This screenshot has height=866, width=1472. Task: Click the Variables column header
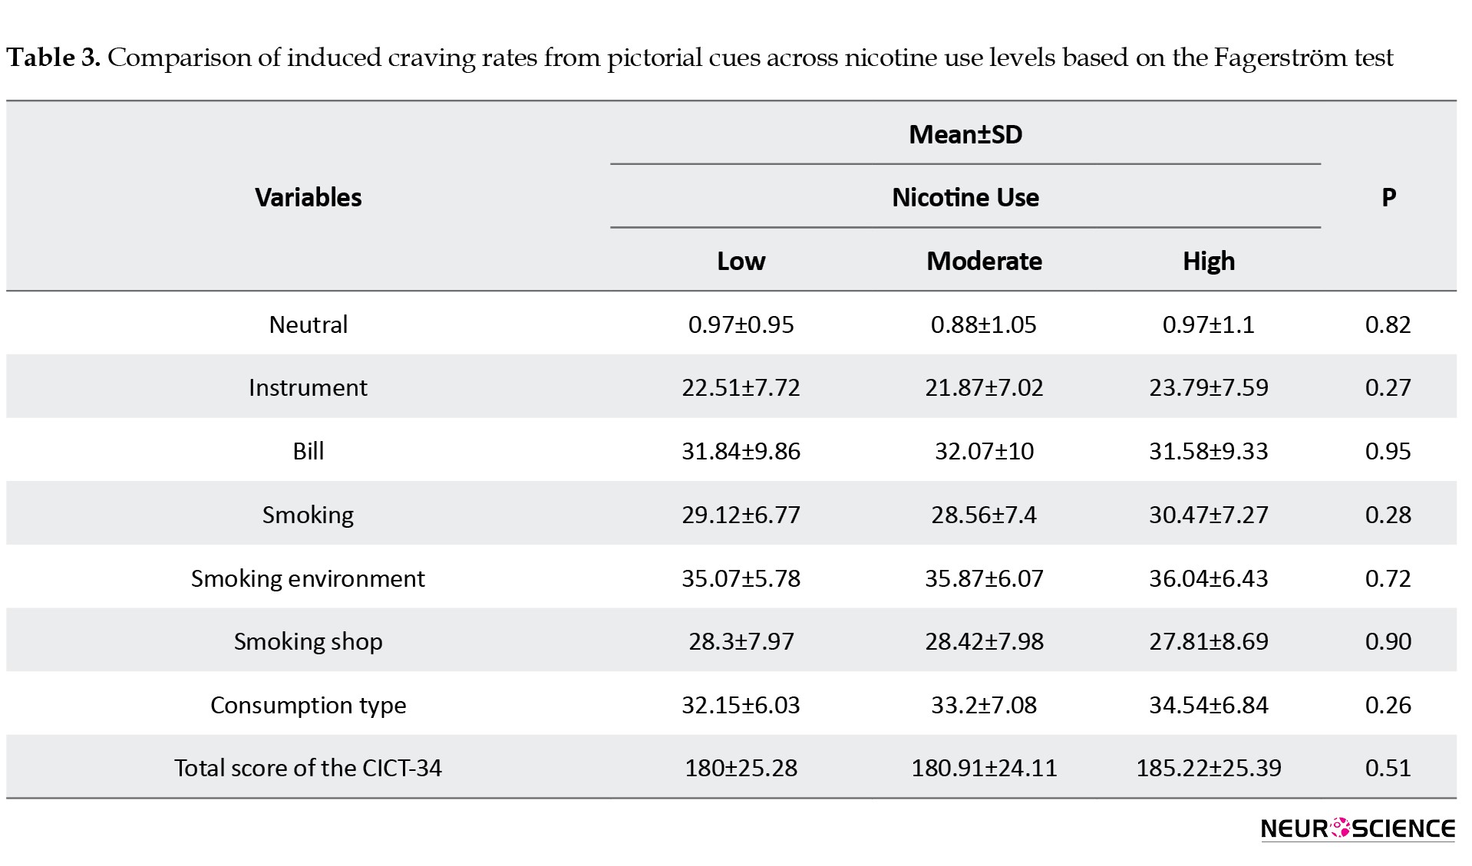[308, 197]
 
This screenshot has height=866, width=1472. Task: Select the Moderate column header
[984, 261]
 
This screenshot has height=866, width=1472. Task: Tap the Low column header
[741, 261]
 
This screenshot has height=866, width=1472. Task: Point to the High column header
[1209, 261]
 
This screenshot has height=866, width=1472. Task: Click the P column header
[1388, 197]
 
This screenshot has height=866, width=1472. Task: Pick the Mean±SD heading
[965, 134]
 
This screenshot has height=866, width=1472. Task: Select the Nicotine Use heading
[965, 197]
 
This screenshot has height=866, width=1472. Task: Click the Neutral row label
[308, 324]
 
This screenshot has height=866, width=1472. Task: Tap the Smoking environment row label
[308, 578]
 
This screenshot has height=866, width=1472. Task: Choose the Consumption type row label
[308, 705]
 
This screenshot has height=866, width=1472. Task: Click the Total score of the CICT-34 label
[308, 768]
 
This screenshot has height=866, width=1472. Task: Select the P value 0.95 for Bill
[1388, 451]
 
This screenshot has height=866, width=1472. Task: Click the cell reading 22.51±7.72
[741, 387]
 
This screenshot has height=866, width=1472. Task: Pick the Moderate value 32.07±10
[984, 451]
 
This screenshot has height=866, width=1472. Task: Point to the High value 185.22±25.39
[1209, 768]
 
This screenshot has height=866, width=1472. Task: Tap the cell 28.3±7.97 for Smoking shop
[741, 641]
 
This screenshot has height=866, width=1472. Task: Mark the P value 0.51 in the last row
[1388, 768]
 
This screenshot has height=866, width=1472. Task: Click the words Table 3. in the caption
[53, 58]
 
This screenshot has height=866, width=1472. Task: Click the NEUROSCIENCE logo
[1358, 828]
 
